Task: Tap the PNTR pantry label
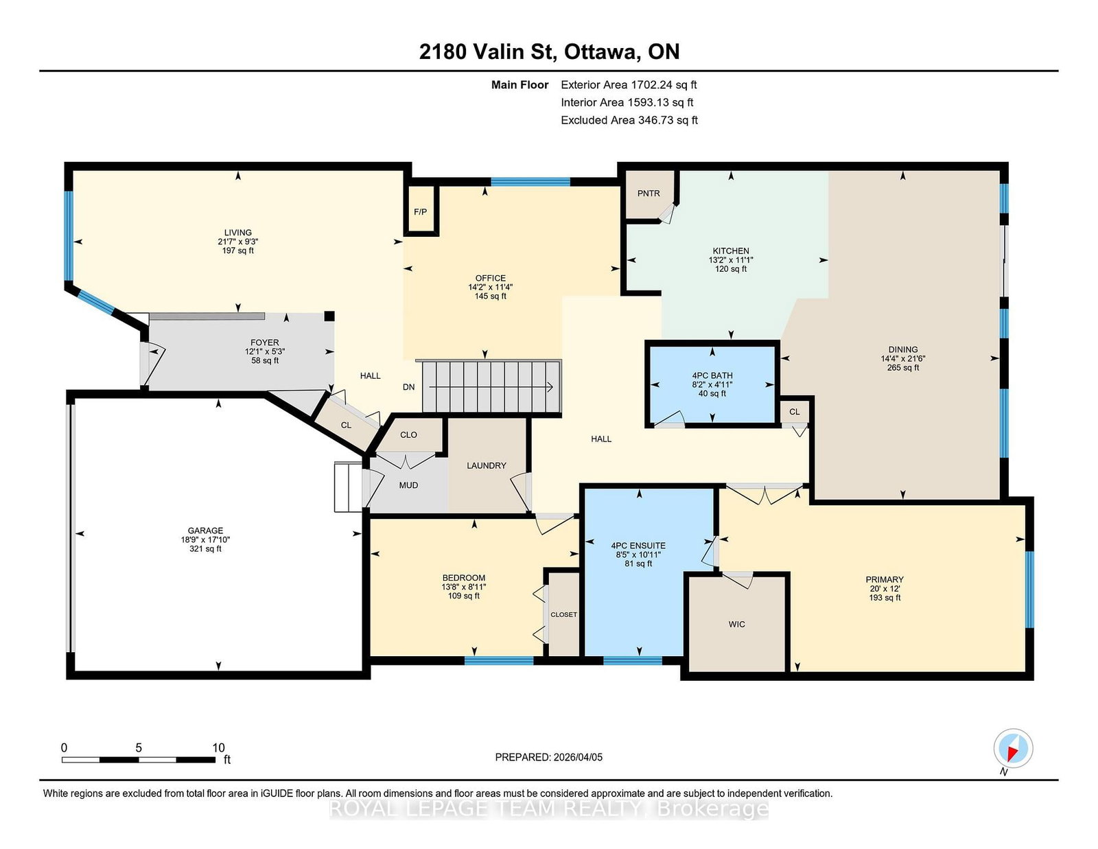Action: pyautogui.click(x=649, y=193)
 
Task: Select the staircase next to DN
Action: pyautogui.click(x=492, y=387)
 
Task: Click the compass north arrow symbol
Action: pyautogui.click(x=1013, y=748)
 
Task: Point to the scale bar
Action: pyautogui.click(x=139, y=760)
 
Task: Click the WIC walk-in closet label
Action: pyautogui.click(x=737, y=624)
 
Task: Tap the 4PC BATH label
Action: pyautogui.click(x=712, y=375)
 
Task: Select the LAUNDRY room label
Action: pyautogui.click(x=486, y=465)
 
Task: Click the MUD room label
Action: pyautogui.click(x=408, y=485)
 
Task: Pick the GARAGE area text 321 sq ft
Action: pyautogui.click(x=205, y=549)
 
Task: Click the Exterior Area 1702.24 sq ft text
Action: pyautogui.click(x=629, y=85)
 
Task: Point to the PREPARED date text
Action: pyautogui.click(x=549, y=757)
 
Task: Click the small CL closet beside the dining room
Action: pyautogui.click(x=794, y=412)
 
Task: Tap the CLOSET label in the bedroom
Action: pyautogui.click(x=563, y=614)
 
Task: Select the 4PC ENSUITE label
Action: pyautogui.click(x=638, y=545)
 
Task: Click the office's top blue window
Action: pyautogui.click(x=530, y=182)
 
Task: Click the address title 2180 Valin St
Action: pyautogui.click(x=487, y=51)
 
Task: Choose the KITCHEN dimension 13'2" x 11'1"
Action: pyautogui.click(x=731, y=259)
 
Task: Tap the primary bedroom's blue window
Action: pyautogui.click(x=1029, y=590)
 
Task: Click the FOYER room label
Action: pyautogui.click(x=264, y=342)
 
